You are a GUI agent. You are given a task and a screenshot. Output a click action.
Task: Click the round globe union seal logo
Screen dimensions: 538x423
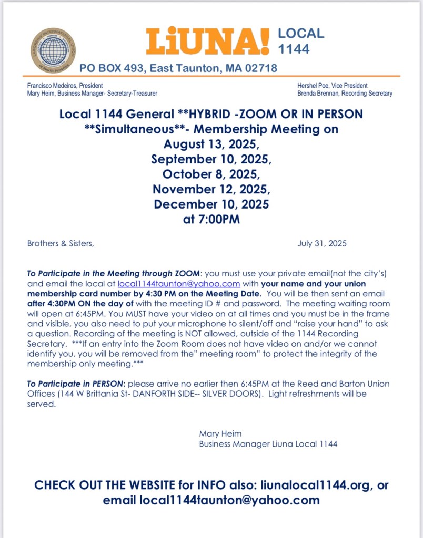click(53, 50)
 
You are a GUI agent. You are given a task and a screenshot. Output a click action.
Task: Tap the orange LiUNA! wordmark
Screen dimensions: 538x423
click(207, 42)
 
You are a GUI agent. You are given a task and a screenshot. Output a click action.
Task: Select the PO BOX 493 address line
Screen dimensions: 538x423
click(178, 68)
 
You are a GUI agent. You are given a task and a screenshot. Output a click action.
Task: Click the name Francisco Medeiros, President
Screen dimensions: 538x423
click(65, 85)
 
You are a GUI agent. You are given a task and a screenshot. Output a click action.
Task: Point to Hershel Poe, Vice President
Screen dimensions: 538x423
click(333, 85)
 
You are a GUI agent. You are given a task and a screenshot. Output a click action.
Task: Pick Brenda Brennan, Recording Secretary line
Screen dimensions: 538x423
click(345, 94)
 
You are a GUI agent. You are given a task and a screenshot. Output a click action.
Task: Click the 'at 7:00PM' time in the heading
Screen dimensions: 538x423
click(211, 219)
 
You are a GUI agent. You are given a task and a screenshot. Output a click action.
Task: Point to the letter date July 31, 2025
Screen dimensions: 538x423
click(322, 244)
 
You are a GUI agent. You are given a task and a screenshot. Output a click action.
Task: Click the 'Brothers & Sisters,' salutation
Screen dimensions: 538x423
click(61, 244)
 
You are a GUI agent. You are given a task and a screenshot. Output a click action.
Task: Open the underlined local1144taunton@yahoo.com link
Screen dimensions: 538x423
click(179, 283)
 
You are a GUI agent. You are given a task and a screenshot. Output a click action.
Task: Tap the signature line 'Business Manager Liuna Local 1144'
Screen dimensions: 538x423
click(268, 444)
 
